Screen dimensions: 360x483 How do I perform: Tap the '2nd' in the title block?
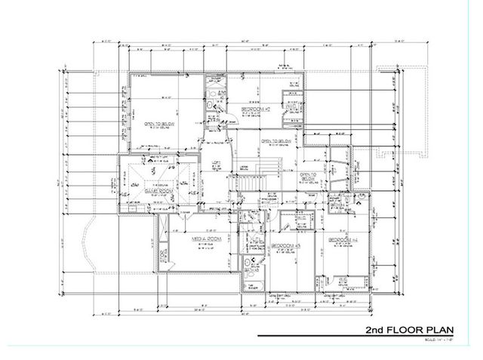377,331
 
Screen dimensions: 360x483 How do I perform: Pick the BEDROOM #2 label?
255,109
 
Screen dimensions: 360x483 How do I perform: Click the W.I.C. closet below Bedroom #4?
344,282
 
